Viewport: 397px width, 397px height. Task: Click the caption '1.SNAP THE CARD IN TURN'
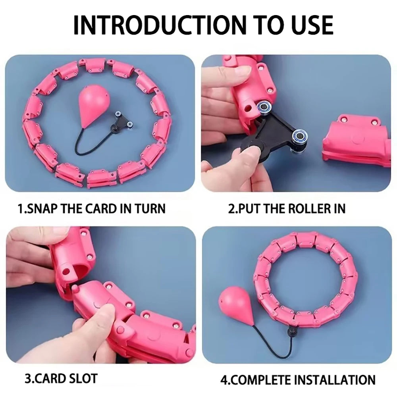[x=92, y=208]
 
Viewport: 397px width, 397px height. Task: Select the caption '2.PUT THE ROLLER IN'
[x=287, y=208]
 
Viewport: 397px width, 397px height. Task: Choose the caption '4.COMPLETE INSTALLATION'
[x=298, y=379]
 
